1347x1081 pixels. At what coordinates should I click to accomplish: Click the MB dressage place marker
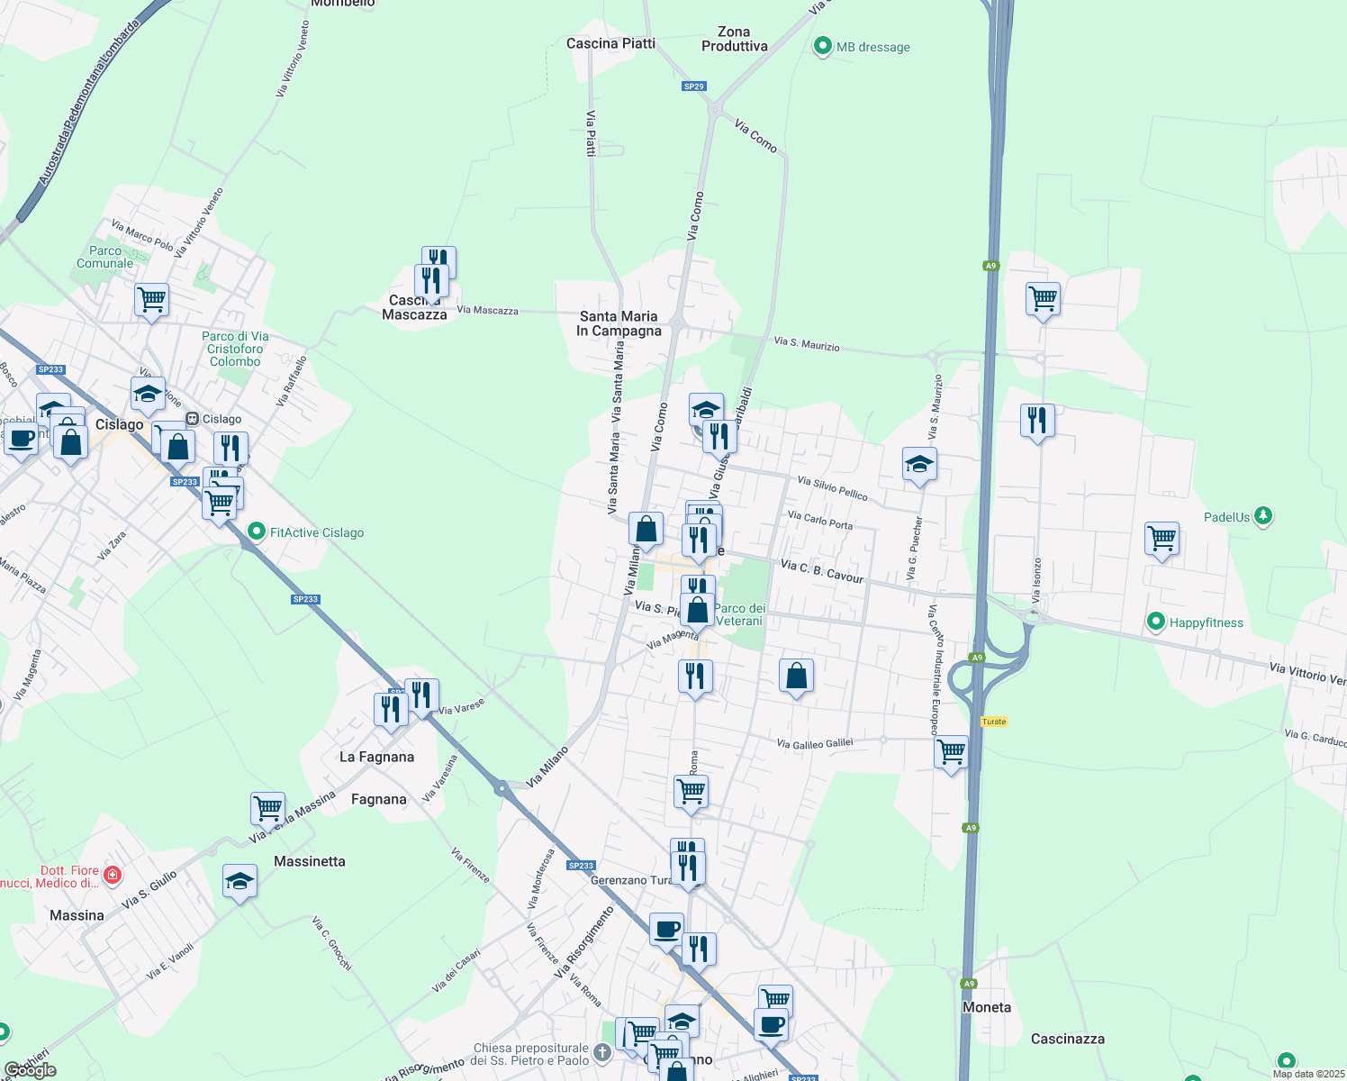pyautogui.click(x=822, y=47)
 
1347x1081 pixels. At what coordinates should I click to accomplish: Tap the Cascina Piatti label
pyautogui.click(x=610, y=43)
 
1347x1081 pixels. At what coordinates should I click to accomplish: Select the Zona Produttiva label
pyautogui.click(x=735, y=39)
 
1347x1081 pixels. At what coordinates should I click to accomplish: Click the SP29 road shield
pyautogui.click(x=693, y=86)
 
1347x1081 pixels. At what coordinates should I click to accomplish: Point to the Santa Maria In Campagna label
pyautogui.click(x=619, y=323)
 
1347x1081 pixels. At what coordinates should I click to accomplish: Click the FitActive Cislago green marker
pyautogui.click(x=257, y=532)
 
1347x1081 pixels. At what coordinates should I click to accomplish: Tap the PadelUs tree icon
pyautogui.click(x=1264, y=516)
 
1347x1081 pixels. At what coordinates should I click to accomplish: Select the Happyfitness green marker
pyautogui.click(x=1156, y=622)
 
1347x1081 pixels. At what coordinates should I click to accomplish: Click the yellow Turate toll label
pyautogui.click(x=994, y=722)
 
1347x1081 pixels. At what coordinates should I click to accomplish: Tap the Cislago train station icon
pyautogui.click(x=192, y=419)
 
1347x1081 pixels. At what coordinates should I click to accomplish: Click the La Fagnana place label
pyautogui.click(x=376, y=757)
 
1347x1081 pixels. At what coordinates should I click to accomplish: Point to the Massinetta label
pyautogui.click(x=310, y=861)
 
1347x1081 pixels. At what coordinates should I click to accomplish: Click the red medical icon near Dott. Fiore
pyautogui.click(x=113, y=875)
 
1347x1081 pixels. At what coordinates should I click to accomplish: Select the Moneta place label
pyautogui.click(x=987, y=1007)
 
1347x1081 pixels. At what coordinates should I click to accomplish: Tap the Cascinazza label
pyautogui.click(x=1067, y=1039)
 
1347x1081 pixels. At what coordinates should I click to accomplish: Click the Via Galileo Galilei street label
pyautogui.click(x=814, y=743)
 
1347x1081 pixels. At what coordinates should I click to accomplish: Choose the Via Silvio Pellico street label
pyautogui.click(x=833, y=488)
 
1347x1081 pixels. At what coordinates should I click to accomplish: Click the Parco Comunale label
pyautogui.click(x=105, y=257)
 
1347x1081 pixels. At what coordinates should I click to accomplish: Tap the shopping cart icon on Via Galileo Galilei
pyautogui.click(x=952, y=750)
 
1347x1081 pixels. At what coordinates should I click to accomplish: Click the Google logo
pyautogui.click(x=30, y=1070)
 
